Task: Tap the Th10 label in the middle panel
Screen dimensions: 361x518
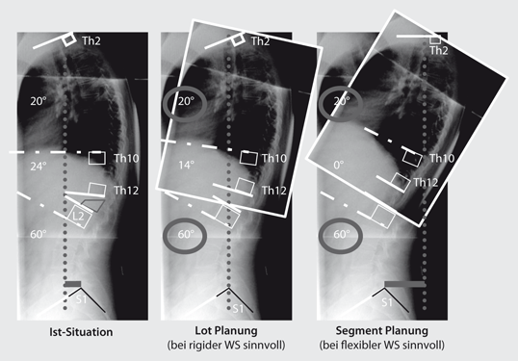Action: [x=274, y=157]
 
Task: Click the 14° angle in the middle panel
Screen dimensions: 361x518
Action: [x=186, y=166]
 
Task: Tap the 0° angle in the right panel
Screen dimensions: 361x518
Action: [x=338, y=166]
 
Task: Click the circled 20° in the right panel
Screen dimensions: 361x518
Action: [x=340, y=100]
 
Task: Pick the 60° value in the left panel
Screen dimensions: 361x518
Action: [x=39, y=234]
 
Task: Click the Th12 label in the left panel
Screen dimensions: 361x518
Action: [x=126, y=191]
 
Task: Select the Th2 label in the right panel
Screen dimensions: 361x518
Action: [x=440, y=50]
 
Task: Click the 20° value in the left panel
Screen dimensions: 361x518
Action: [x=39, y=100]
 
